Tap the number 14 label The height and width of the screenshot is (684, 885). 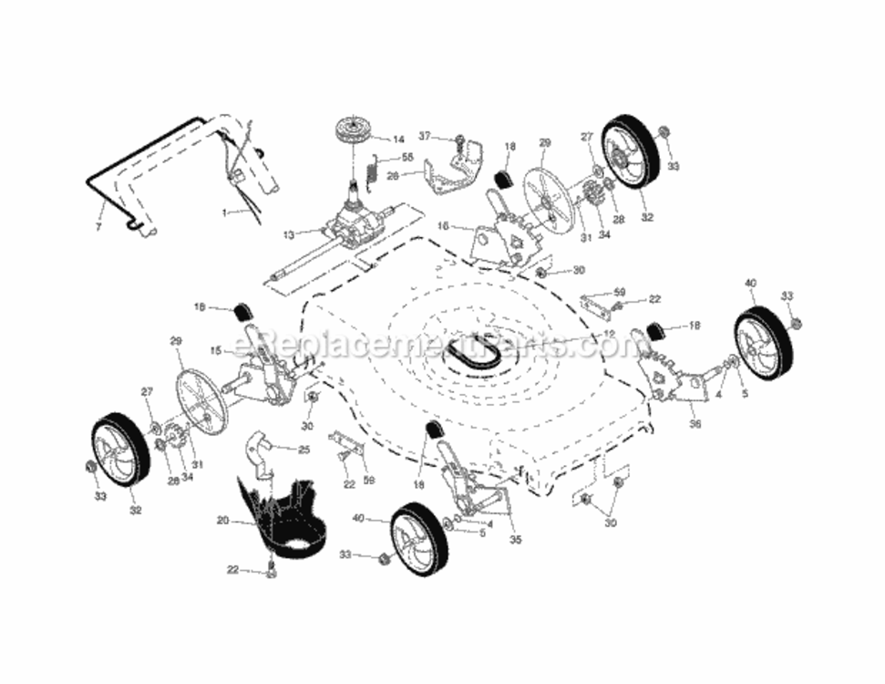click(x=397, y=140)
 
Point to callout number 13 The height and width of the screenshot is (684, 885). click(x=290, y=234)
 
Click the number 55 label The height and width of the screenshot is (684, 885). click(x=407, y=157)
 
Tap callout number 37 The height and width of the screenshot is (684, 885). click(x=424, y=136)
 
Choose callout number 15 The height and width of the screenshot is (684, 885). click(x=215, y=349)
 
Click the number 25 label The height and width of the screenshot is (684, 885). click(x=304, y=449)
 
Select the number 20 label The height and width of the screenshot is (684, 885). click(x=222, y=522)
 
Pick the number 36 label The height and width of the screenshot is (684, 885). click(x=695, y=422)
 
